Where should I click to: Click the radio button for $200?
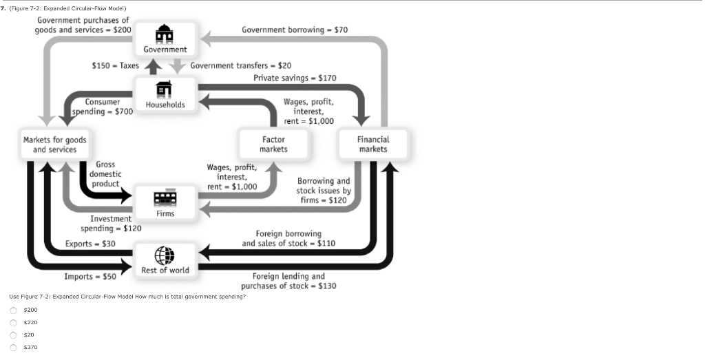[13, 310]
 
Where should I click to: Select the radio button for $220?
[13, 323]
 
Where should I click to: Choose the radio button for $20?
[13, 335]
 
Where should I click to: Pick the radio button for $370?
[13, 348]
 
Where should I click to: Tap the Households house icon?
[165, 89]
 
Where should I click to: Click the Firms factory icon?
[165, 198]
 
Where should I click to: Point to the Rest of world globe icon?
[165, 255]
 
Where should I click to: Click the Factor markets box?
[274, 145]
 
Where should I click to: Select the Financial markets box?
[373, 145]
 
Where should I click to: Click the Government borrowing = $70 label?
[295, 30]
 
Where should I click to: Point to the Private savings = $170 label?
[295, 78]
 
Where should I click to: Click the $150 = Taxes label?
[116, 66]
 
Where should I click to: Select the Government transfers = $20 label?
[241, 66]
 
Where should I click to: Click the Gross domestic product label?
[105, 174]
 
